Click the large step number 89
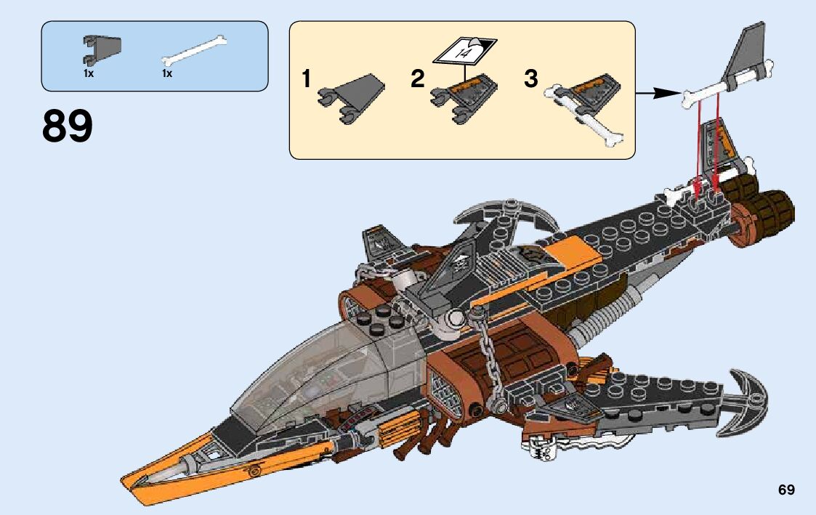68,126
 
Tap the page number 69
786,490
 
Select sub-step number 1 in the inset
307,78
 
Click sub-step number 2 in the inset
417,79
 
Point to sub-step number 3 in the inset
531,78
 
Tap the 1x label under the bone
166,74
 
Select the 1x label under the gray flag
88,74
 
